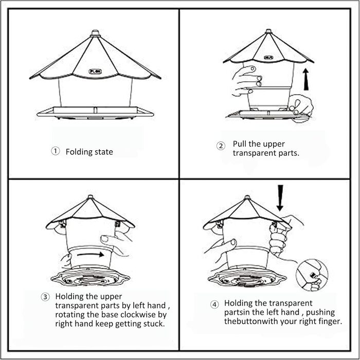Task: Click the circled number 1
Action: click(x=55, y=151)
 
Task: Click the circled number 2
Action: click(x=221, y=146)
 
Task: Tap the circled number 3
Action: click(x=45, y=297)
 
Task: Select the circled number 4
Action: click(x=214, y=304)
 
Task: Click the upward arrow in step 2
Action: click(x=306, y=79)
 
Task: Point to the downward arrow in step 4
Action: click(x=280, y=197)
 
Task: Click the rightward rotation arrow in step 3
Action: click(x=91, y=255)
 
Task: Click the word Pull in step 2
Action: click(x=240, y=144)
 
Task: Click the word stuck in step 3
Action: click(x=154, y=323)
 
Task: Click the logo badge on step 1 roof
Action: click(x=95, y=71)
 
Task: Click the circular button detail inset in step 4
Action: click(x=312, y=275)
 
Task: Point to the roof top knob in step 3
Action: click(x=90, y=197)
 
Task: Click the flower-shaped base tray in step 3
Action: click(x=90, y=277)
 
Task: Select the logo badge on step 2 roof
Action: click(x=268, y=58)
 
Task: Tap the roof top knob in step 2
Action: click(x=268, y=31)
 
